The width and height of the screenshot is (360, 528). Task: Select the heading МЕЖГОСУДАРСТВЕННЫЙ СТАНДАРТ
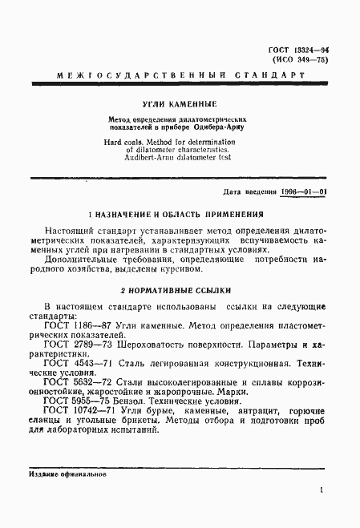point(180,75)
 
